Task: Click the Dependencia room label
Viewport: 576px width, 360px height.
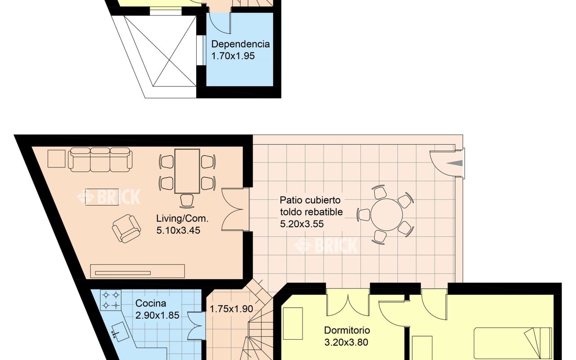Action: (240, 44)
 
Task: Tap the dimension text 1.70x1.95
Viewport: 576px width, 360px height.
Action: (233, 56)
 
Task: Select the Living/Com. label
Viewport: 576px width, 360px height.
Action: (182, 219)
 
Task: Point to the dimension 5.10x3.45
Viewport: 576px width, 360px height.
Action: (178, 230)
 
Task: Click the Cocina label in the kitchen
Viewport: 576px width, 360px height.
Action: (151, 303)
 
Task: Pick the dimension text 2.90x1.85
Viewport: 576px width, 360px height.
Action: (157, 315)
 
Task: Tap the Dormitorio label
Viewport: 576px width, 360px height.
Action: (347, 330)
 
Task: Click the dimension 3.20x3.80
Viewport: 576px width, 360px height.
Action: (346, 342)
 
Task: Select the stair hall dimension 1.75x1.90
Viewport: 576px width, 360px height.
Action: (231, 309)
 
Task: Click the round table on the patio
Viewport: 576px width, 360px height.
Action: (387, 215)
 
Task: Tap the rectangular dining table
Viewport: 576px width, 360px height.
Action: (187, 171)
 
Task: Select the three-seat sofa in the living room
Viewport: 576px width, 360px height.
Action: (100, 160)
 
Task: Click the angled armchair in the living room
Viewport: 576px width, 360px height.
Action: (126, 229)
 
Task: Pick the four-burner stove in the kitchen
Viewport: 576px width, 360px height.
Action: (111, 300)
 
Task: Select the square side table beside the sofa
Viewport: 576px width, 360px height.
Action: (56, 159)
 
